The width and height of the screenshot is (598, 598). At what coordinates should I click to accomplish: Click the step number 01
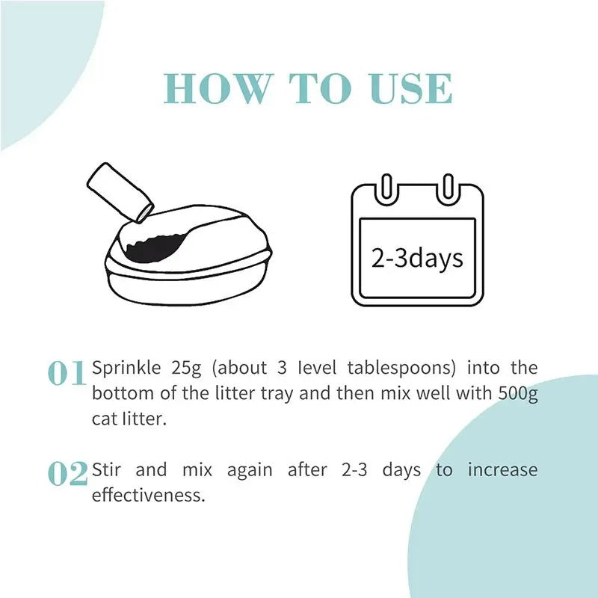(x=67, y=374)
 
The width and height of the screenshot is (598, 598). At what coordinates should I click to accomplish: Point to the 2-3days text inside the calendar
(x=417, y=258)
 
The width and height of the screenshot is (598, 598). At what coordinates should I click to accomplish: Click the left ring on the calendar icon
(x=386, y=187)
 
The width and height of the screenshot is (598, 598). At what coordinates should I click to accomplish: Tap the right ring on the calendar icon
(x=447, y=187)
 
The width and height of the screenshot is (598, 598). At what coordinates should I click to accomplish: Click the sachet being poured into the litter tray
(x=120, y=193)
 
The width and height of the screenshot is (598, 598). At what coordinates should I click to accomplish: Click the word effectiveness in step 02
(x=147, y=496)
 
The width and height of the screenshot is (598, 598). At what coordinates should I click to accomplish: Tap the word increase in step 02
(x=502, y=470)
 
